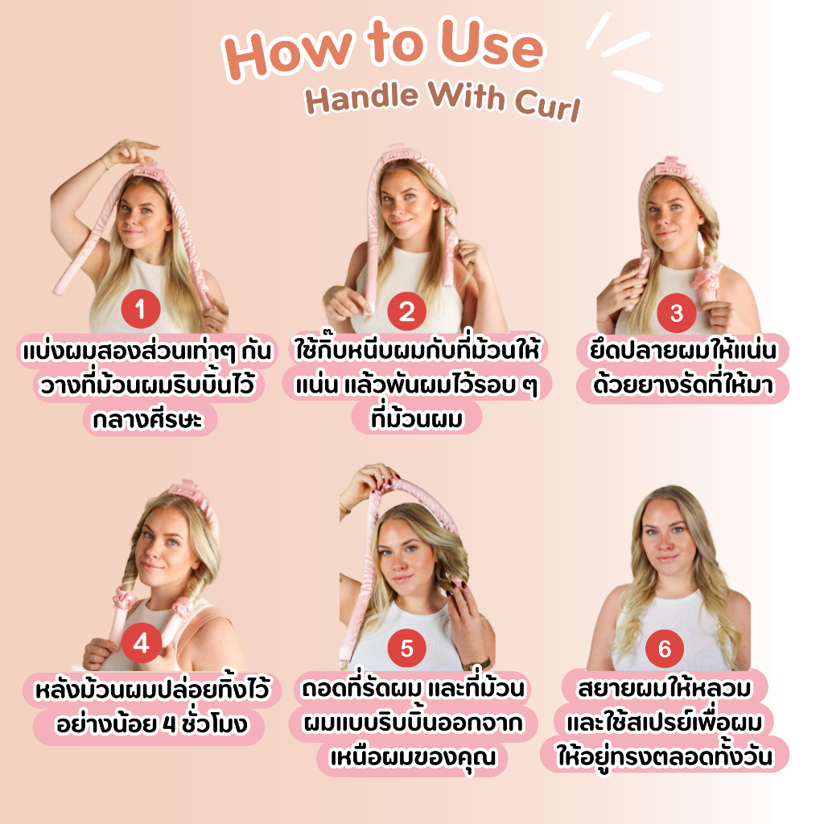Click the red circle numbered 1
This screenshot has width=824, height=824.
click(x=141, y=308)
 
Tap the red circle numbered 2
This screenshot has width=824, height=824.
click(x=407, y=311)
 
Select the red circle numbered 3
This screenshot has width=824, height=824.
click(x=677, y=313)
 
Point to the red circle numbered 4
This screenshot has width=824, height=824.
click(x=142, y=643)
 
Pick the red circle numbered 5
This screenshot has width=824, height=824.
click(x=407, y=648)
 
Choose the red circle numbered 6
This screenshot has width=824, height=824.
click(x=665, y=649)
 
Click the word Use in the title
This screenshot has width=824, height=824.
click(x=492, y=45)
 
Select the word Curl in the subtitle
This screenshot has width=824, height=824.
click(x=548, y=104)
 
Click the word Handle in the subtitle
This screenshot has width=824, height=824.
click(x=362, y=97)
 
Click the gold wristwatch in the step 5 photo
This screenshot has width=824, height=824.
click(x=476, y=663)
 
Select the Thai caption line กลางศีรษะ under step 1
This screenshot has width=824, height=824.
click(x=148, y=420)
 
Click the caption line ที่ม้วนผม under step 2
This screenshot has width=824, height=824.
click(x=416, y=418)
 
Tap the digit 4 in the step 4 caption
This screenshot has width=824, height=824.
click(x=169, y=724)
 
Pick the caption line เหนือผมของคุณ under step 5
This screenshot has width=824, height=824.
click(x=413, y=757)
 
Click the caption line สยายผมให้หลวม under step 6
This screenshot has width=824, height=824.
click(x=665, y=689)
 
